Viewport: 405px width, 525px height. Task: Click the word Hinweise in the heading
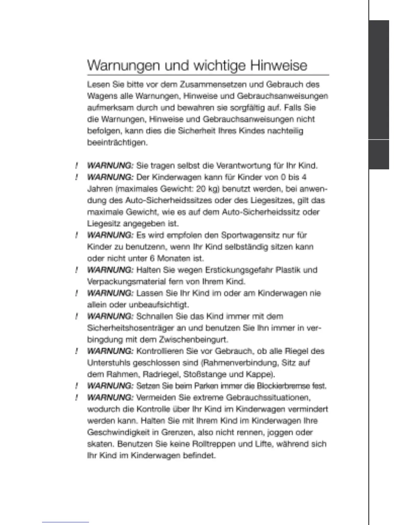[278, 65]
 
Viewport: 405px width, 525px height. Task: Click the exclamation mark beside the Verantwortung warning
[76, 165]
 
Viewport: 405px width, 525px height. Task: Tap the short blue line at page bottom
[65, 522]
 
